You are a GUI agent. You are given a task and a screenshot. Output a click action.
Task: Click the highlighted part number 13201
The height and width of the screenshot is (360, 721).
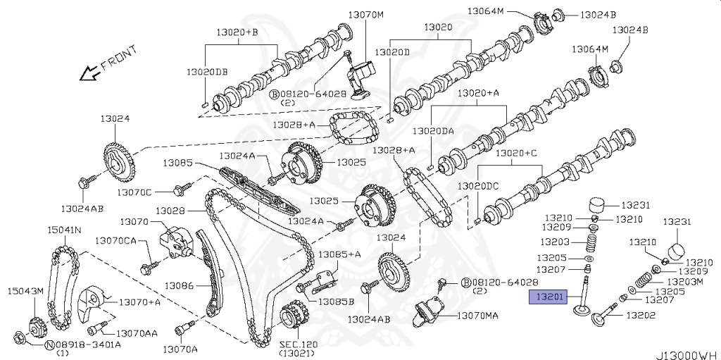tap(548, 297)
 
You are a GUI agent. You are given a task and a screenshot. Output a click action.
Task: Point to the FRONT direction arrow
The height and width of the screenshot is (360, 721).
tap(90, 71)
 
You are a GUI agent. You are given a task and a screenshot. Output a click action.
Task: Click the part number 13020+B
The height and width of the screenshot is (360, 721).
tap(242, 32)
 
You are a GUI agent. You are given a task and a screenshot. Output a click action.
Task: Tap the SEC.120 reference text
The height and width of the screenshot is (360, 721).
tap(298, 344)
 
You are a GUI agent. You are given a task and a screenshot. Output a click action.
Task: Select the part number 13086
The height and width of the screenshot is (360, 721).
tap(180, 286)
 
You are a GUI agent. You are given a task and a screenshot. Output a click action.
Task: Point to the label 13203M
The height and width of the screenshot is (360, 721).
tap(685, 281)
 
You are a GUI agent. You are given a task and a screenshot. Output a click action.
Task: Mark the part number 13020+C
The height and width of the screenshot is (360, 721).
tap(516, 153)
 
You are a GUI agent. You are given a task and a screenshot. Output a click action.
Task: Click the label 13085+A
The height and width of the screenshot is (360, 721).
tap(339, 254)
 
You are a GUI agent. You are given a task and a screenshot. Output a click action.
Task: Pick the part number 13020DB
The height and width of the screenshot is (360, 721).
tap(207, 72)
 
